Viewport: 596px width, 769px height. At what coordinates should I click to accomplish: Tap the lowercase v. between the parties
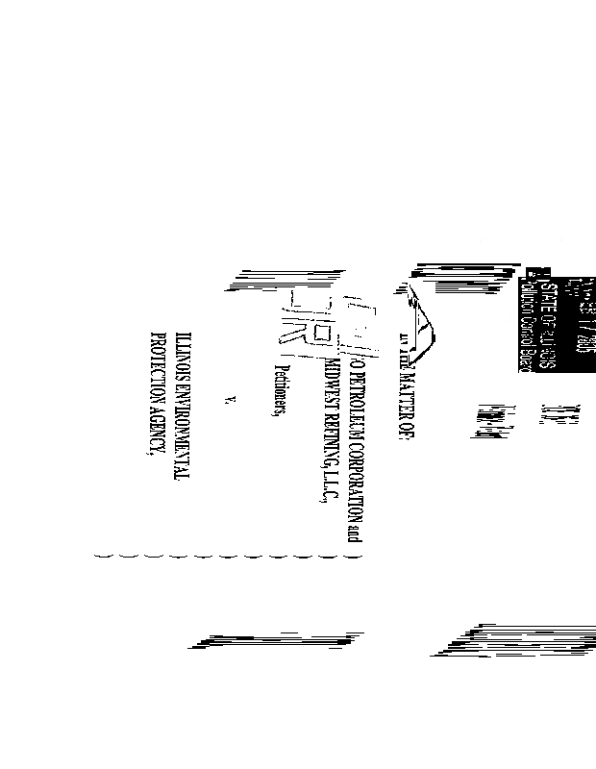224,397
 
